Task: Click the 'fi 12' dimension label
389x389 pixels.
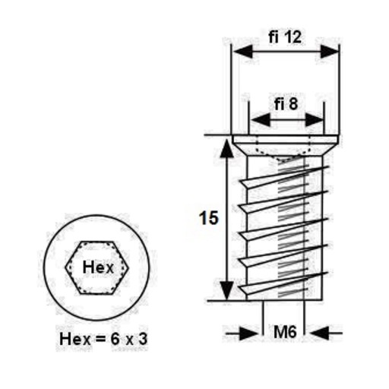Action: [285, 37]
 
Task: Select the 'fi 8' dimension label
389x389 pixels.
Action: [286, 104]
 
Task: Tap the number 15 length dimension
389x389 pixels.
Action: [208, 218]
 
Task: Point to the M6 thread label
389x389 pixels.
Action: [285, 332]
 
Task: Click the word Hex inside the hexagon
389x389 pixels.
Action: [98, 267]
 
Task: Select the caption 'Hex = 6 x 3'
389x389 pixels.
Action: [103, 339]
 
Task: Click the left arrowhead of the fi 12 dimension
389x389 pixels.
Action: [243, 52]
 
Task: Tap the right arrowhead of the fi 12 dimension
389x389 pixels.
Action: [329, 52]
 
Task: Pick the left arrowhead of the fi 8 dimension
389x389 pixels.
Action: [261, 119]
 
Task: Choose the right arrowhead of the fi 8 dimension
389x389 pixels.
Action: [314, 119]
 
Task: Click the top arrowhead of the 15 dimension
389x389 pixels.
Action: [227, 149]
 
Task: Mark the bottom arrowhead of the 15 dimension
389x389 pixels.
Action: [227, 290]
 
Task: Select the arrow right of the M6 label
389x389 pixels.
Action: [326, 334]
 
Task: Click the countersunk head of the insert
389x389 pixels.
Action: [286, 145]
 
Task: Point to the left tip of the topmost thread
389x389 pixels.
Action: [240, 181]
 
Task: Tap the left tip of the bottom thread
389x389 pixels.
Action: [239, 286]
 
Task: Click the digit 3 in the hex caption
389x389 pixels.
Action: [143, 339]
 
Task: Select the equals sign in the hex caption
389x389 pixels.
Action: [100, 340]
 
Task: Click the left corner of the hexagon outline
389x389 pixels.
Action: [65, 267]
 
